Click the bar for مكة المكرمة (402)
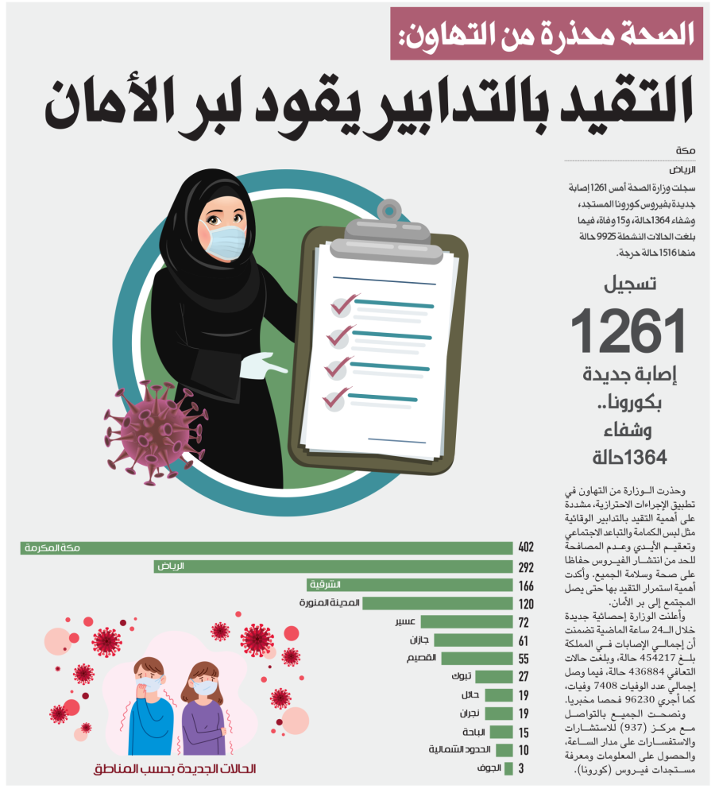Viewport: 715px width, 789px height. [266, 548]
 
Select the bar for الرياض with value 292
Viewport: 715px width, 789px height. [334, 567]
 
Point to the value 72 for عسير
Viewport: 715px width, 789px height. [524, 622]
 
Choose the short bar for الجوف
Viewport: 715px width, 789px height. [508, 768]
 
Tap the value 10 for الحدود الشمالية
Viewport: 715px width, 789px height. [524, 750]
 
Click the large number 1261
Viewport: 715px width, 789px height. [628, 331]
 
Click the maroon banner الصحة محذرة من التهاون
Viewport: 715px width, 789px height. [547, 33]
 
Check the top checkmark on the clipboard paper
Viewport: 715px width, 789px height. [344, 304]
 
